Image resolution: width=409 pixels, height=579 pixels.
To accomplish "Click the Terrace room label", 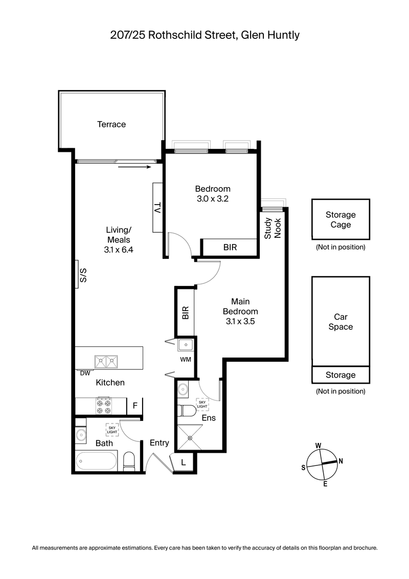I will click(111, 124).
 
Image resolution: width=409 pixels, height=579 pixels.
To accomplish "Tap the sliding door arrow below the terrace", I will click(134, 167).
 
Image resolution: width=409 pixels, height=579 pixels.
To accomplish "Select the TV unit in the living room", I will click(157, 208).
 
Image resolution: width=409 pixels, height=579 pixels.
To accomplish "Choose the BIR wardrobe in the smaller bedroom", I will click(230, 247).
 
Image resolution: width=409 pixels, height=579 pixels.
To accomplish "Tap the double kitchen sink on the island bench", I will click(105, 361).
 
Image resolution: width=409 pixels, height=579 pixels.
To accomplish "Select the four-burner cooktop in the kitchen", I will click(105, 406).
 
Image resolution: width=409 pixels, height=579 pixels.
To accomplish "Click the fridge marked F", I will click(135, 406).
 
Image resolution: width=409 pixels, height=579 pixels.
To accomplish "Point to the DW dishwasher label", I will click(85, 373).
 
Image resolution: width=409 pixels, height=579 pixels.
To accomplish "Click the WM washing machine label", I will click(185, 360).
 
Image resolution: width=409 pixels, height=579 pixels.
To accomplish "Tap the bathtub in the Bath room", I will click(97, 461).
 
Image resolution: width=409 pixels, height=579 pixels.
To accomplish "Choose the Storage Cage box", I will click(340, 220).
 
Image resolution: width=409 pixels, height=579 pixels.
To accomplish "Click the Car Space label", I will click(340, 322).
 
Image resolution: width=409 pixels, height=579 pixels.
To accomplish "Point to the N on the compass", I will click(341, 461).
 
